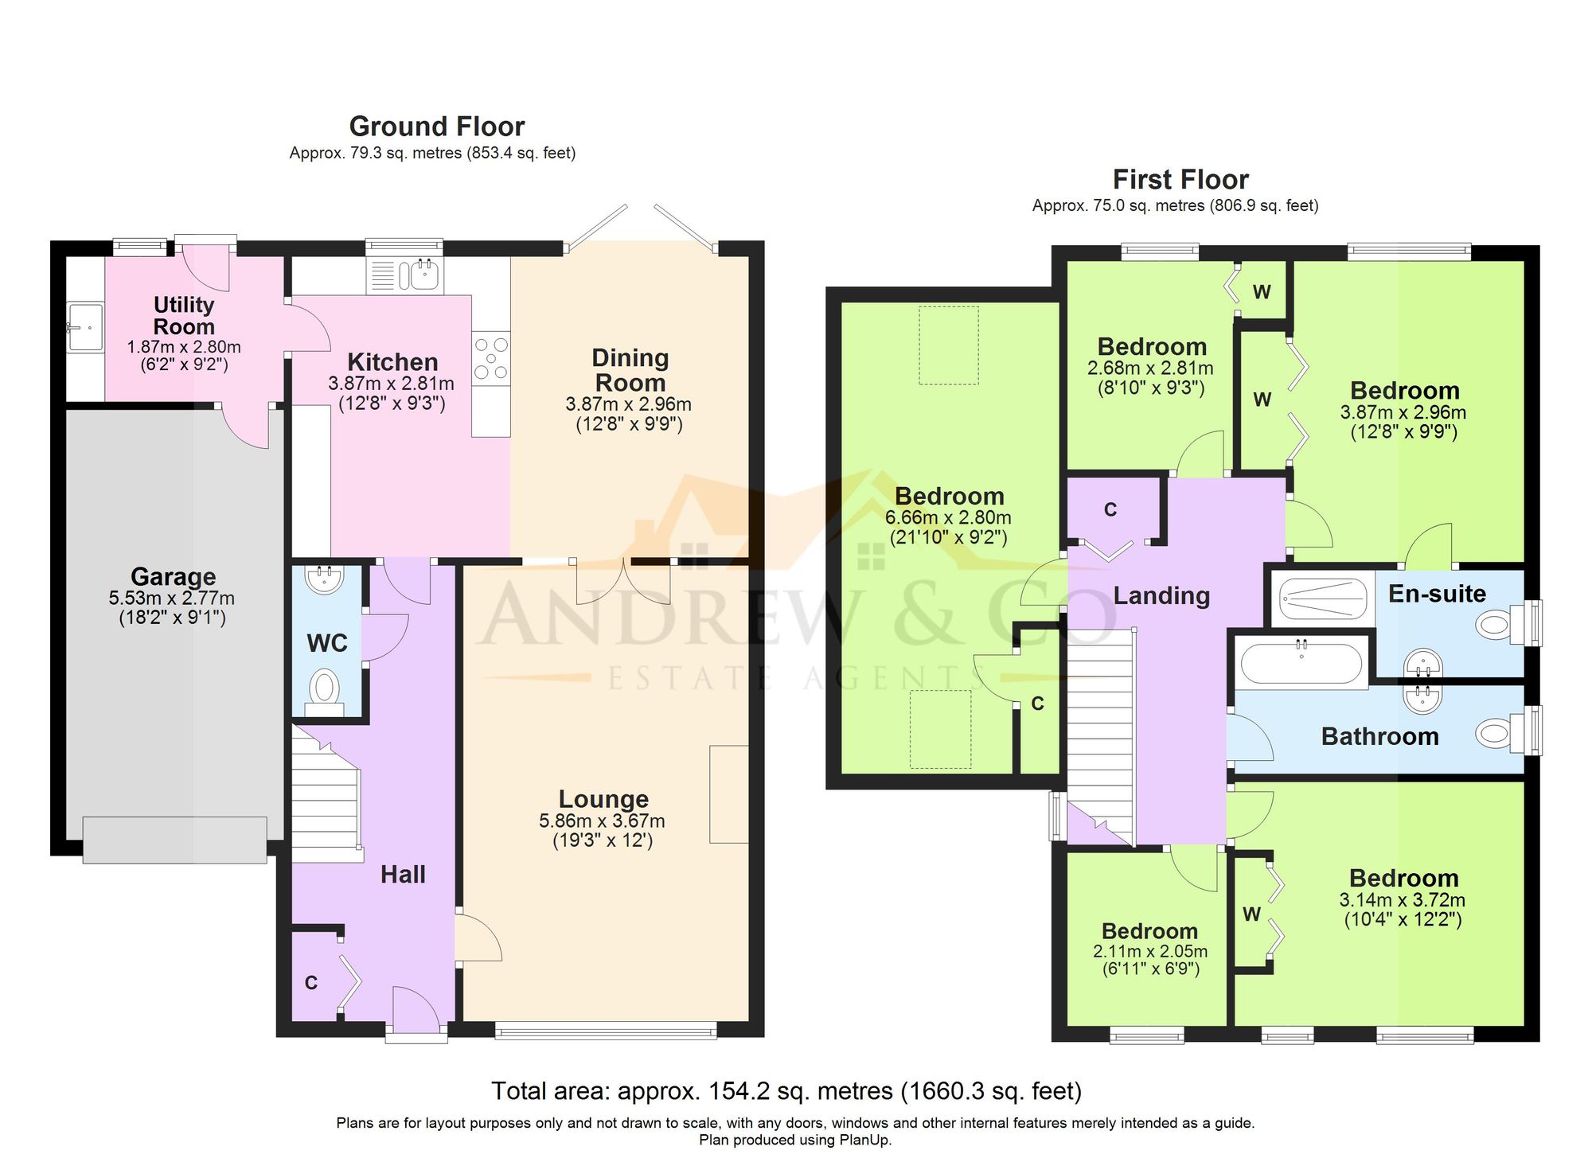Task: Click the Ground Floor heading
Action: (436, 127)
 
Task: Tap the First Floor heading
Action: (1180, 180)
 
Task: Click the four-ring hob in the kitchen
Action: (490, 358)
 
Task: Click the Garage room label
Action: (173, 576)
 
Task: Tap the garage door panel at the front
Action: (174, 840)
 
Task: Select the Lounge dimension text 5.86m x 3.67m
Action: (602, 821)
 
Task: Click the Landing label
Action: (1161, 595)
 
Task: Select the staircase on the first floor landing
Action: (1100, 732)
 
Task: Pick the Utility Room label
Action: (184, 315)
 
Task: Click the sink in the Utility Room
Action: (84, 327)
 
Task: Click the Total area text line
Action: (786, 1090)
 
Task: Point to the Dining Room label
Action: (630, 370)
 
